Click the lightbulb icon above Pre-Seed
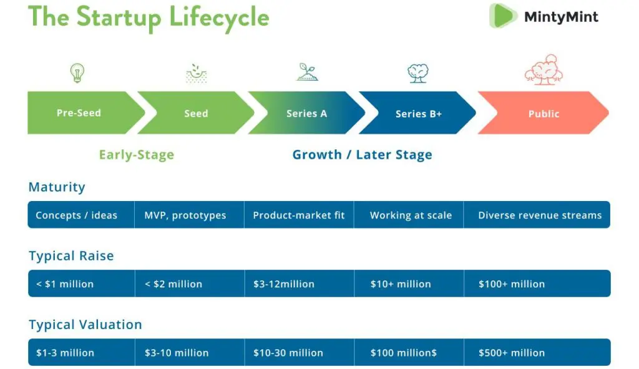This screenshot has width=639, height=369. click(77, 73)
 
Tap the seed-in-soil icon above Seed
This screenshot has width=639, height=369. click(197, 74)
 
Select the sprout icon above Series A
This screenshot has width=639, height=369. click(307, 72)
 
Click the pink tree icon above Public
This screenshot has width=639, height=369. click(544, 70)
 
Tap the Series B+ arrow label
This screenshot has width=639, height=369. click(419, 114)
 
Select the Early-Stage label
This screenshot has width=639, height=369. click(137, 155)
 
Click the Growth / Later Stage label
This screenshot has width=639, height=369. click(363, 155)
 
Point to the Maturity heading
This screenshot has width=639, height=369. click(57, 187)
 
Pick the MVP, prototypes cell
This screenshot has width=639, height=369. click(190, 215)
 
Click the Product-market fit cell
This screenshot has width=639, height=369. click(299, 215)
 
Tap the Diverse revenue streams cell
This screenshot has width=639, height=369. click(537, 215)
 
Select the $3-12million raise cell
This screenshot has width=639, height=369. click(300, 283)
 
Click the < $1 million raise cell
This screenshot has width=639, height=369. click(82, 283)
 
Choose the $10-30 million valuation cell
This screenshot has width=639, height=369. click(300, 352)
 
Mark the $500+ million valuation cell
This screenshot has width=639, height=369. click(537, 352)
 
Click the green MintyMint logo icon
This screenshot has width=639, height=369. click(503, 16)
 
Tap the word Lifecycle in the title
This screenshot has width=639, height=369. click(219, 17)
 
